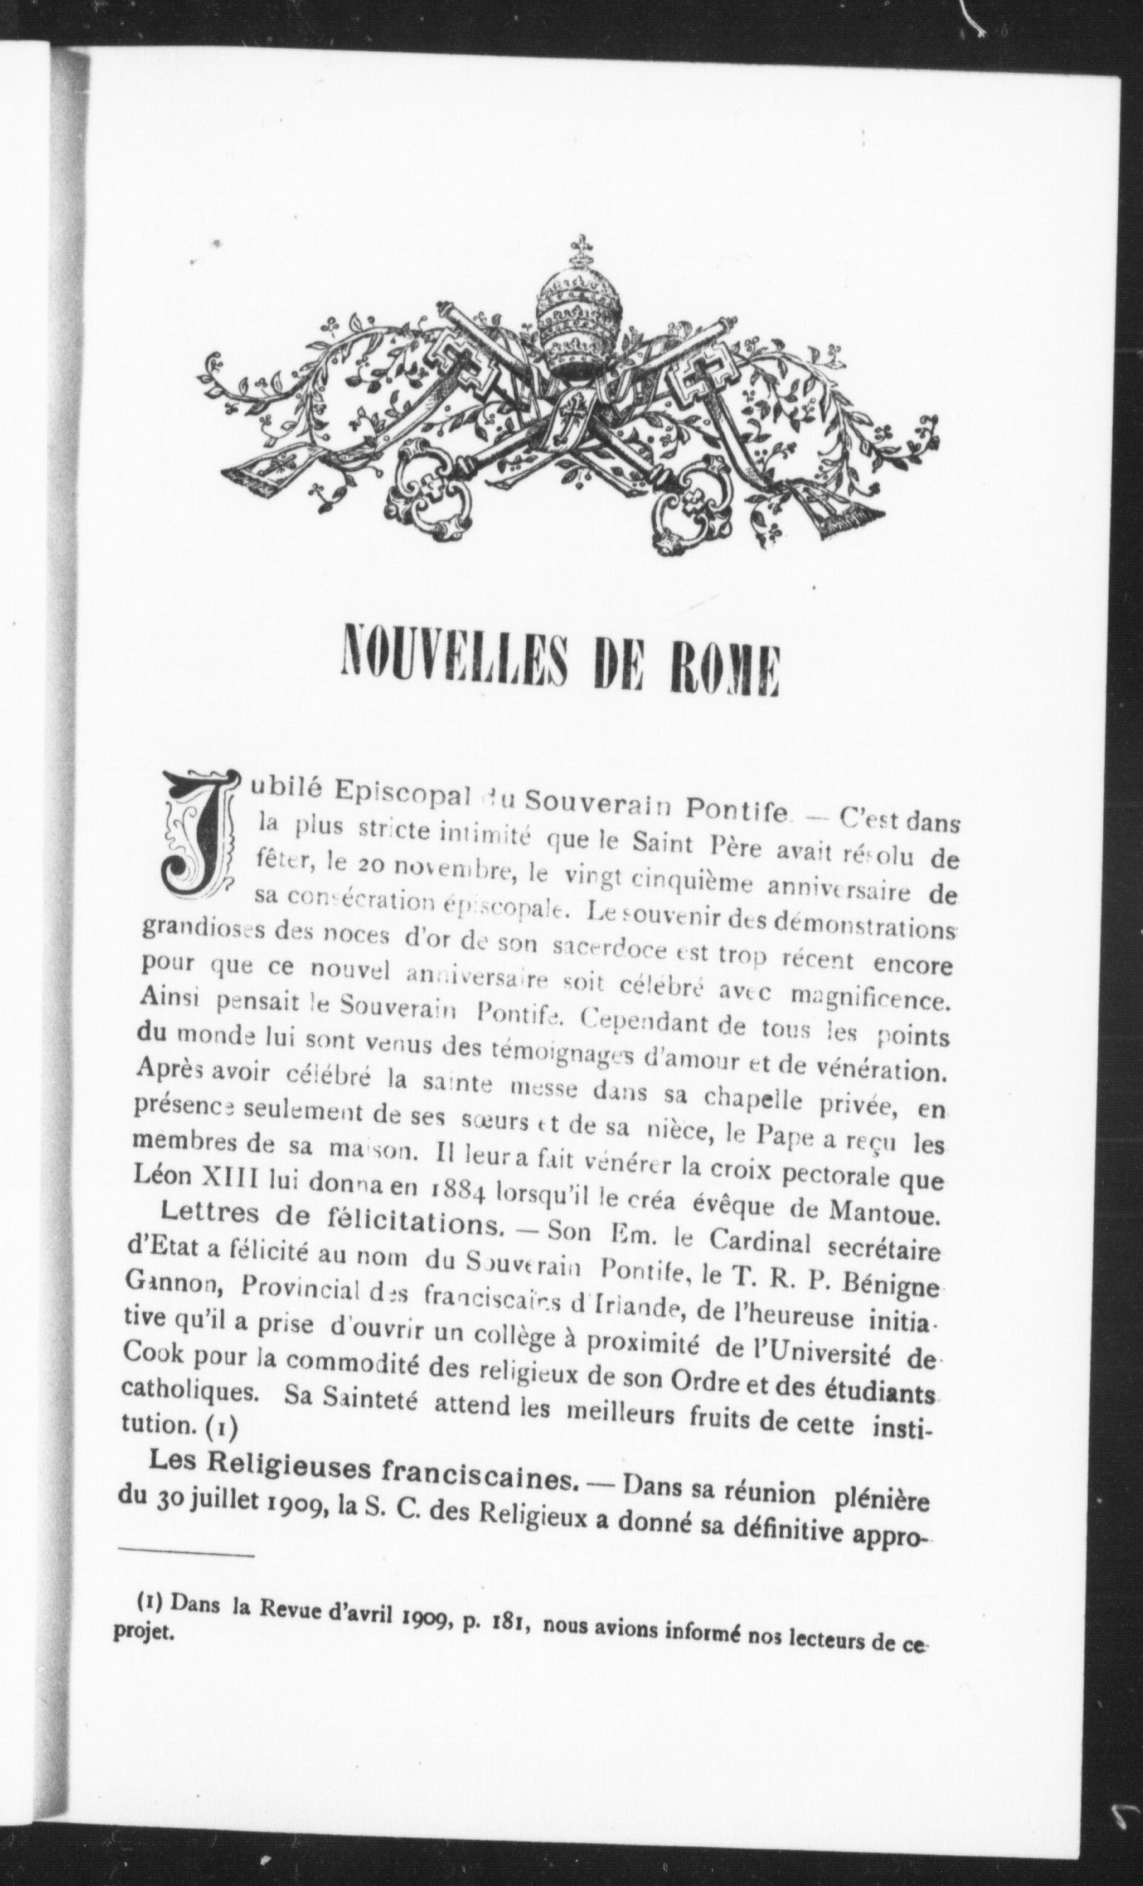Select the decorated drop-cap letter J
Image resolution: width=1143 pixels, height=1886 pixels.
[x=194, y=832]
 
